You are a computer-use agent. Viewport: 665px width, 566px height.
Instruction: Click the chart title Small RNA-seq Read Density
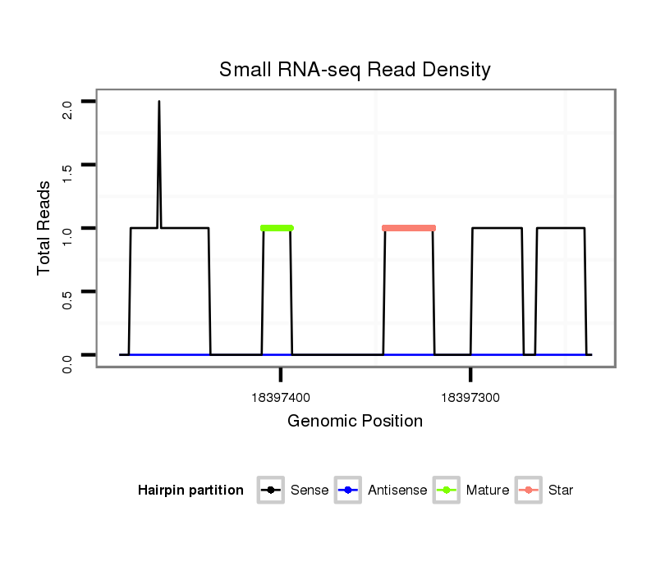tap(355, 71)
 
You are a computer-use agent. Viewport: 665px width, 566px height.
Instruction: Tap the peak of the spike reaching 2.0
tap(158, 103)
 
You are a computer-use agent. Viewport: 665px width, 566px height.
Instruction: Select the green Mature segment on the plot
tap(277, 228)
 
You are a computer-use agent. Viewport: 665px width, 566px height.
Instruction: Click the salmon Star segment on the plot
tap(409, 228)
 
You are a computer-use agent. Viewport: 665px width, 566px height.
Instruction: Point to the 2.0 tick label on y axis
tap(67, 108)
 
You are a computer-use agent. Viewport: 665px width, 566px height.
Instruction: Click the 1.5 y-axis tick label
tap(67, 171)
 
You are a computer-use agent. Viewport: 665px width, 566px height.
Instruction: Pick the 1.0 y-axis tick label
tap(67, 235)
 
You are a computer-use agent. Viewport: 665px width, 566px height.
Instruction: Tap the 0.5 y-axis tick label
tap(67, 298)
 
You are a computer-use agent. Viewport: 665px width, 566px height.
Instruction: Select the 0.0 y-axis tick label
tap(67, 362)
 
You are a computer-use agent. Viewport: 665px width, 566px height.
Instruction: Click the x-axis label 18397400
tap(281, 398)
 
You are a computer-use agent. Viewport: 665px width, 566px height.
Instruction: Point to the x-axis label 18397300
tap(470, 398)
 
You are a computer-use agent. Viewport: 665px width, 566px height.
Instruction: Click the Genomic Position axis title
tap(355, 422)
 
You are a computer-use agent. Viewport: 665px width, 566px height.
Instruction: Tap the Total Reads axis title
tap(44, 228)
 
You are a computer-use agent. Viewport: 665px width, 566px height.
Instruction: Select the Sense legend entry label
tap(310, 491)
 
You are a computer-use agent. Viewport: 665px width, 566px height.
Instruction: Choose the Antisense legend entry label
tap(397, 491)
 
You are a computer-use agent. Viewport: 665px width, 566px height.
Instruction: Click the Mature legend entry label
tap(487, 491)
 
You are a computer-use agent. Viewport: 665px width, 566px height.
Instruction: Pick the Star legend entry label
tap(560, 491)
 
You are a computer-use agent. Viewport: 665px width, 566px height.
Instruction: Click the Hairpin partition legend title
tap(190, 491)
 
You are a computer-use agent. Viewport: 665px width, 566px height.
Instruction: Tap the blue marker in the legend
tap(348, 491)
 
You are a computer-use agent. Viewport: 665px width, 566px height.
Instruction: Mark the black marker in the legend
tap(271, 491)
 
